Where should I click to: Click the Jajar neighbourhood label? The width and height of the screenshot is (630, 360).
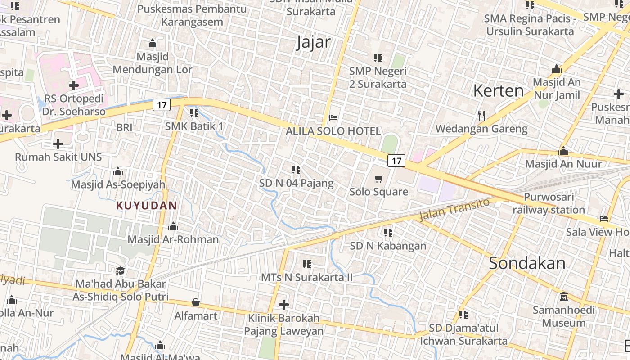click(x=314, y=42)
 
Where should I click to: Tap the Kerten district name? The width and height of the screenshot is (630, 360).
click(x=498, y=91)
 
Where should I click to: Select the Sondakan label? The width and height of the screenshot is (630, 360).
click(x=527, y=263)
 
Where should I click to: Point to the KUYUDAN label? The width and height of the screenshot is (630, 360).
click(x=146, y=206)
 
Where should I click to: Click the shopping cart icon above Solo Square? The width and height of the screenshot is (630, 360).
click(x=379, y=179)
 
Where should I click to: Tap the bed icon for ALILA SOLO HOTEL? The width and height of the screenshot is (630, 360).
click(x=333, y=118)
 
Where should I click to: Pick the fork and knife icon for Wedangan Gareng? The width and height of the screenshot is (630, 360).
click(x=481, y=116)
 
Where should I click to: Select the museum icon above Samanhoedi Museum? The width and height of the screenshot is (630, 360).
click(x=563, y=297)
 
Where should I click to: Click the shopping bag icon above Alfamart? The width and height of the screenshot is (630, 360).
click(x=196, y=302)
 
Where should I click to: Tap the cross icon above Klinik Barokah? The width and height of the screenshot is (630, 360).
click(x=283, y=305)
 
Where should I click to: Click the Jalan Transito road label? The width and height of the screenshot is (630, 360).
click(x=454, y=210)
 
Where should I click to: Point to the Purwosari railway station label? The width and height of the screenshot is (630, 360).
click(x=549, y=203)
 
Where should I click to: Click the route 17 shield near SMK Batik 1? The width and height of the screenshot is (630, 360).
click(x=162, y=105)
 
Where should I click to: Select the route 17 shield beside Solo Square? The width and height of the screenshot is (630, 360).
click(x=396, y=161)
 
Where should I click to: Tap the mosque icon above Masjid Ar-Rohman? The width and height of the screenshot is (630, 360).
click(x=173, y=226)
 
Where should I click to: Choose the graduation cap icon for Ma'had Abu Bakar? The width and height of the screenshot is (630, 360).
click(x=120, y=270)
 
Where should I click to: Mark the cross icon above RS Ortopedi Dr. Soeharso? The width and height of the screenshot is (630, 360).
click(x=74, y=85)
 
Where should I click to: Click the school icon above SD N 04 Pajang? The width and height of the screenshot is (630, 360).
click(x=296, y=170)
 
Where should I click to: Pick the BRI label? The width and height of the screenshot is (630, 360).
click(x=124, y=127)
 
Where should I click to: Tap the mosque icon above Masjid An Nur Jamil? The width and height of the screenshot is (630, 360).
click(x=557, y=69)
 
